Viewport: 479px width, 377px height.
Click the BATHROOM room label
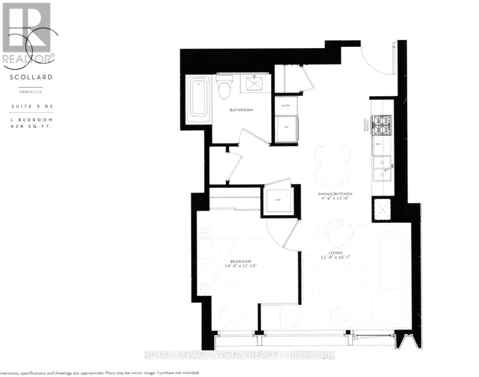241,110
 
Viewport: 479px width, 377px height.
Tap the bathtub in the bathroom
199,100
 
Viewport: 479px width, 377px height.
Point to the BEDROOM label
240,261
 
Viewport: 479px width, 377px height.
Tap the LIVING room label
335,253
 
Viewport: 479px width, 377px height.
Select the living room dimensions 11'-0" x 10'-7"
335,257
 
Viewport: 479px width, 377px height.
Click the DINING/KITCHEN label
335,194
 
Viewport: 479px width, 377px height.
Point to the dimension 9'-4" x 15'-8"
335,198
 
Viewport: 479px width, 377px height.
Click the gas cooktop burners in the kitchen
382,125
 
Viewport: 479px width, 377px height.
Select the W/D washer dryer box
278,200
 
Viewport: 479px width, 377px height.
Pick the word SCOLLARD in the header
31,77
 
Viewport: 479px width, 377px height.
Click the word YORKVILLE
31,92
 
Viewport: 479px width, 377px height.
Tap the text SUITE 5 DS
32,106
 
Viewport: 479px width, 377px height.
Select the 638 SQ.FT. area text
31,126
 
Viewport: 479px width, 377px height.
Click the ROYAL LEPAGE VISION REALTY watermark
239,355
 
